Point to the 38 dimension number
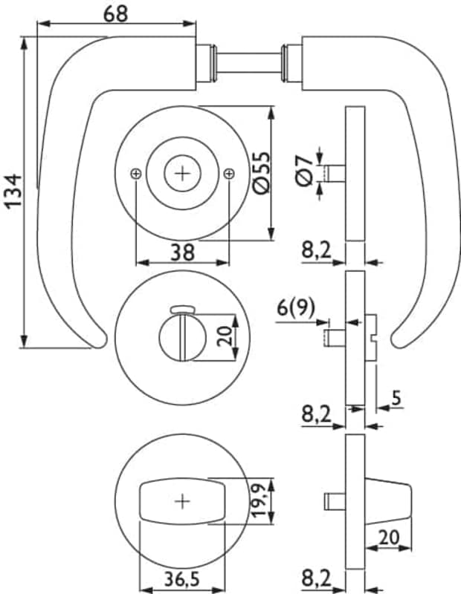181,252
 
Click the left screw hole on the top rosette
135,174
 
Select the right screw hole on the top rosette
228,174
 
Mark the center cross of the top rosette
182,173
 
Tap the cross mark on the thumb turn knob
182,501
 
